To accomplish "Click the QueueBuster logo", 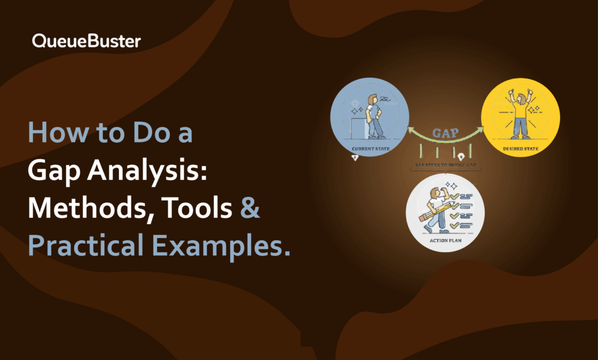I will tap(86, 41).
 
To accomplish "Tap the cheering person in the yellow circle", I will tap(520, 114).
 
